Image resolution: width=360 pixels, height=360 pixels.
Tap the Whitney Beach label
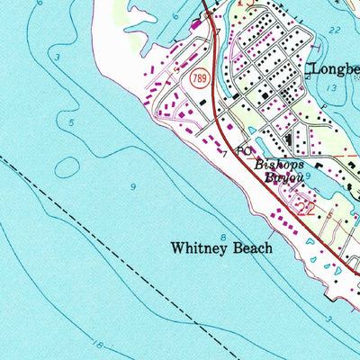coord(221,248)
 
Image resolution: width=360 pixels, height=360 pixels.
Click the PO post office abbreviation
coord(244,152)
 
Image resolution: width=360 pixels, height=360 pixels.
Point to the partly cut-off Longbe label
coord(334,68)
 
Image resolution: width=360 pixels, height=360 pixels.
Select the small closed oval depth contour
coord(68,166)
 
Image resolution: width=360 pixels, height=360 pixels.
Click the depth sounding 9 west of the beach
coord(133,186)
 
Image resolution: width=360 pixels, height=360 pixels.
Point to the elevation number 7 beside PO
coord(224,154)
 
